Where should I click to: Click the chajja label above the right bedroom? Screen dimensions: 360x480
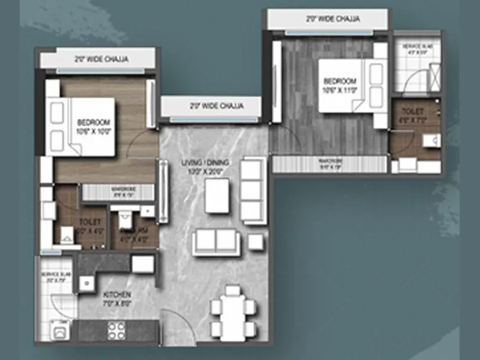(x=333, y=19)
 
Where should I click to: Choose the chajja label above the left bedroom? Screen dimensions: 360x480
(x=101, y=59)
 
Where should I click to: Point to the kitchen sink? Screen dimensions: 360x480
(x=86, y=281)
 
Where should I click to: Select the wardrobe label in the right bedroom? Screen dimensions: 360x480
(x=330, y=161)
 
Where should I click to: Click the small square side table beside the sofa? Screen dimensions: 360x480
(x=256, y=242)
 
